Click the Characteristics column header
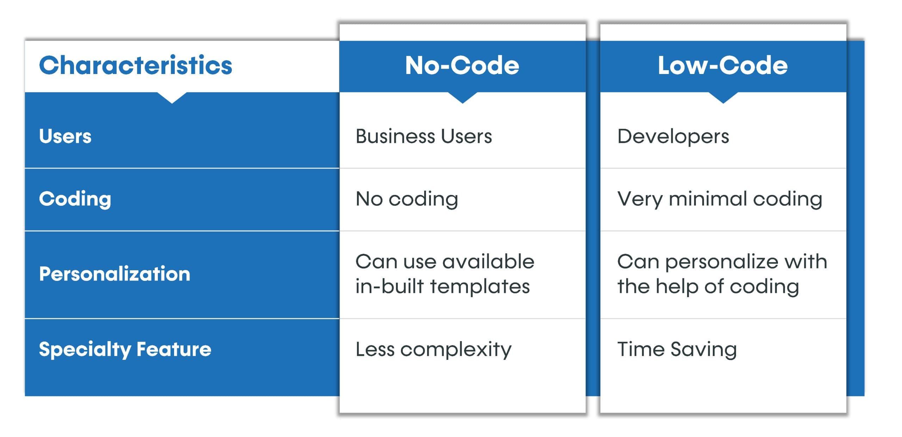click(x=136, y=66)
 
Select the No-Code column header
click(x=462, y=66)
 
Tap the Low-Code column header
click(x=723, y=66)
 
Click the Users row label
click(x=65, y=136)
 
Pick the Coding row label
click(x=75, y=199)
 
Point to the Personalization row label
click(x=115, y=274)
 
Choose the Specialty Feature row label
click(x=125, y=349)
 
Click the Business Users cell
click(x=424, y=136)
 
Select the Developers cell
click(x=673, y=136)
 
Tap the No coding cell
click(x=407, y=199)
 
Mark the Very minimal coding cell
click(x=719, y=199)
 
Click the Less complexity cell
click(x=433, y=349)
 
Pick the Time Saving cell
click(x=677, y=349)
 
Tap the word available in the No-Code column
click(x=488, y=261)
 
